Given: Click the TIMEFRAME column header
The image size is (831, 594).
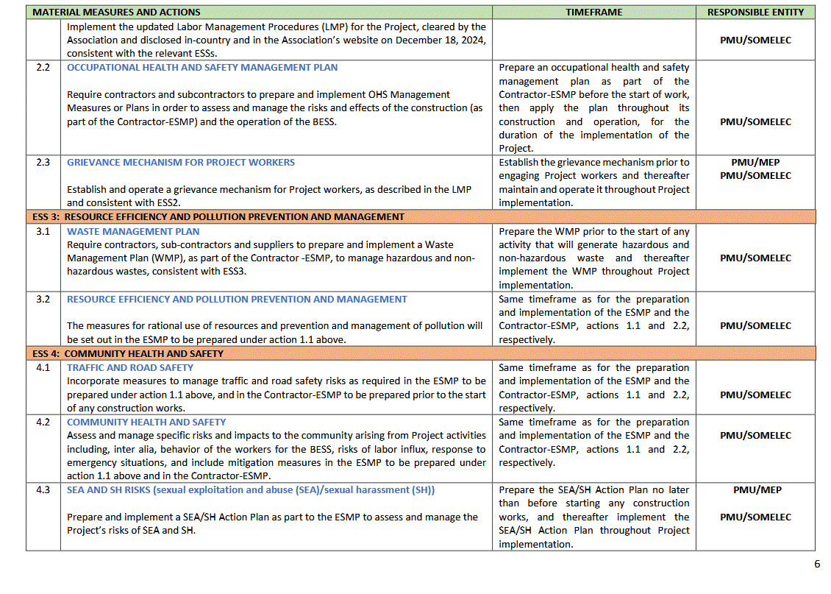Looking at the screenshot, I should pos(594,13).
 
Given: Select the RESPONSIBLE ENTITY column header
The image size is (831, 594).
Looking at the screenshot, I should pos(755,13).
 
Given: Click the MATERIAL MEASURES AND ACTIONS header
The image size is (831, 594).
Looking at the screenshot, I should pos(117,13).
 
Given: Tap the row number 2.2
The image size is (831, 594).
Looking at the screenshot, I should pos(43,68).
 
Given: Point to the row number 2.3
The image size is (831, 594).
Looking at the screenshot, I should pos(43,163).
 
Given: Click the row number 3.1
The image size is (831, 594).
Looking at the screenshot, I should pos(43,231).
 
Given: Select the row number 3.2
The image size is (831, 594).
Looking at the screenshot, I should pos(43,300).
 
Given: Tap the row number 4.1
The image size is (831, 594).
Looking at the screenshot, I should pos(43,367).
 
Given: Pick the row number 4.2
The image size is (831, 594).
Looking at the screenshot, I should pos(43,422).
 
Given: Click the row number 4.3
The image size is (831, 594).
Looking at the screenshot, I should pos(43,490).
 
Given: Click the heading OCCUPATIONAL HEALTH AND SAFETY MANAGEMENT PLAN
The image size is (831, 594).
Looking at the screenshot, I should pos(202,68).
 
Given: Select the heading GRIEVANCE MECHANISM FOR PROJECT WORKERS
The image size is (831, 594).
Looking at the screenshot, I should pos(181,163).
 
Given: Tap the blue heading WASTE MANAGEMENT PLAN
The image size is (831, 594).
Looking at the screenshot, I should pos(133,231).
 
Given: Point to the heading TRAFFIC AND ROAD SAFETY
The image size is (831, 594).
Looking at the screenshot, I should pos(130,367).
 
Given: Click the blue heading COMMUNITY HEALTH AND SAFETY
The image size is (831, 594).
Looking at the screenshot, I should pos(146,422).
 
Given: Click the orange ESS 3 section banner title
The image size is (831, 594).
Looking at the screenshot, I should pos(218,217).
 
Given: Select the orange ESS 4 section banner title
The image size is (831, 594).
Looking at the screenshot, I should pos(128,354).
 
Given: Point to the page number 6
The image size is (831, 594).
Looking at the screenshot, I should pos(816,565).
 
